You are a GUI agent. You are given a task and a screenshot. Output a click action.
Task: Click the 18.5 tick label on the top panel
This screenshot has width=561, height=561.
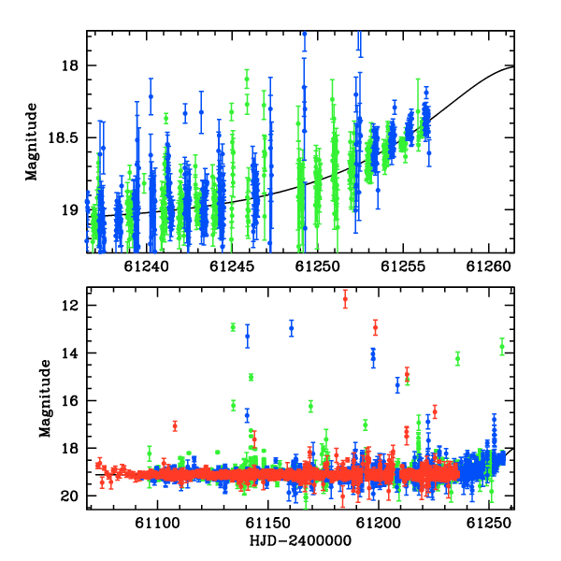tap(63, 137)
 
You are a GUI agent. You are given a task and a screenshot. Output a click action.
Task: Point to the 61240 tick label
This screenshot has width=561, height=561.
tap(147, 266)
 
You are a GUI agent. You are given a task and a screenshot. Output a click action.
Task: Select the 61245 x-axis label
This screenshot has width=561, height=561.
tap(232, 266)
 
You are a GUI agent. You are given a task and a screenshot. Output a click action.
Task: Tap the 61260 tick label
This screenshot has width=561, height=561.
tap(489, 266)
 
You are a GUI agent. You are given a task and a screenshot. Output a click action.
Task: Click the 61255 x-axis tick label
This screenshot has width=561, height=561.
tap(403, 266)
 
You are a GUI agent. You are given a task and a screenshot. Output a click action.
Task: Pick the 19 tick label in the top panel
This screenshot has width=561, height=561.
tap(70, 210)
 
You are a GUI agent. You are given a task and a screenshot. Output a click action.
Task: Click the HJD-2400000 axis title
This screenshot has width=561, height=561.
tap(300, 540)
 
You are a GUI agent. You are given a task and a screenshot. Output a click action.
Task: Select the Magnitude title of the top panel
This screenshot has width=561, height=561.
tap(31, 142)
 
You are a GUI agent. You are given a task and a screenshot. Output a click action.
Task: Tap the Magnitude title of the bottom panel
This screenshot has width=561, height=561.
tap(45, 398)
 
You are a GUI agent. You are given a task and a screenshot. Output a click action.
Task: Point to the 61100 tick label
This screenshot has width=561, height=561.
tap(157, 524)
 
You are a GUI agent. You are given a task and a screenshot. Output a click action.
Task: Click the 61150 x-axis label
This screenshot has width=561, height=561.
tap(267, 524)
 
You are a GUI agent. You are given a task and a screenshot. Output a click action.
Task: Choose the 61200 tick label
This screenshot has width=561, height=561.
tap(378, 524)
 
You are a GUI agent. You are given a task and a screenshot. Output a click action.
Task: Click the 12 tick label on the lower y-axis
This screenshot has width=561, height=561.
tap(70, 306)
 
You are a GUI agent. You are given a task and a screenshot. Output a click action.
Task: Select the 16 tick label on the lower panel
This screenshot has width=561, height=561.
tap(70, 401)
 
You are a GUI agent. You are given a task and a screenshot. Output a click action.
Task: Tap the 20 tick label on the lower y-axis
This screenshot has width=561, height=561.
tap(70, 496)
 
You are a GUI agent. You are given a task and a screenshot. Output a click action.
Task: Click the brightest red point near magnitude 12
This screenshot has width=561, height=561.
tap(345, 299)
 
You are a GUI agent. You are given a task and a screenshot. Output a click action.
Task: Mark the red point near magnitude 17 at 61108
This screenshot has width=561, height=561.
tap(175, 426)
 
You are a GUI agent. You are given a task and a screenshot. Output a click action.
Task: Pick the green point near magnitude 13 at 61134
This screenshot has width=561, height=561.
tap(233, 327)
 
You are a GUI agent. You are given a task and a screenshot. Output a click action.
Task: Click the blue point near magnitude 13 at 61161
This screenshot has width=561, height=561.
tap(292, 328)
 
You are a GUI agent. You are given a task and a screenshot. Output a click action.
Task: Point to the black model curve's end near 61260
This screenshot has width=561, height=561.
tap(514, 66)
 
